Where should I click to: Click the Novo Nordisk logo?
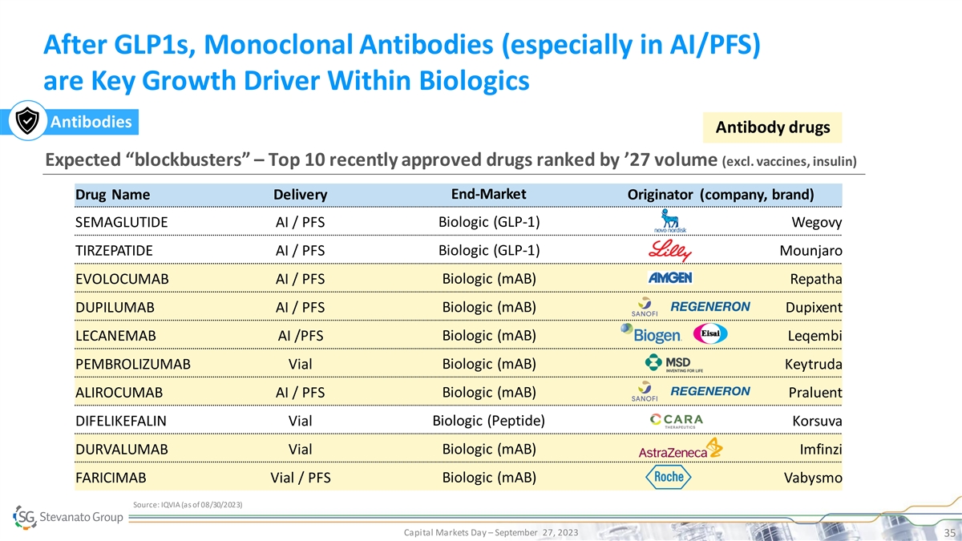point(670,221)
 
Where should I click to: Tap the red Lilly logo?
point(670,250)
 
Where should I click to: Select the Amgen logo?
point(670,278)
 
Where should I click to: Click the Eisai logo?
point(710,333)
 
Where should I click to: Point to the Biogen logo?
point(651,333)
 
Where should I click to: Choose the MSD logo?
point(674,363)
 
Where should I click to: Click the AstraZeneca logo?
point(681,448)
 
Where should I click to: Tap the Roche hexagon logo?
point(669,477)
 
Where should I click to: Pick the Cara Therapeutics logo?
point(677,421)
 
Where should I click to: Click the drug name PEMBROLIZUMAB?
point(133,364)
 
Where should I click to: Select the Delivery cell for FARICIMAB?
point(300,478)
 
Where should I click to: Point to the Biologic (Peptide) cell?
point(489,420)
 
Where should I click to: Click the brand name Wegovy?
point(816,223)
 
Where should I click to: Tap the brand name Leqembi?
point(814,336)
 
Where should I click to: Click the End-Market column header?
point(489,194)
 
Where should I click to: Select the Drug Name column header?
point(112,195)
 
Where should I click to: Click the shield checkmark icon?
point(27,121)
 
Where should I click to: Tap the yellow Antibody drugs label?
point(772,127)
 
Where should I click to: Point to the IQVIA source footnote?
point(188,504)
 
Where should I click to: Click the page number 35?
point(949,533)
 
